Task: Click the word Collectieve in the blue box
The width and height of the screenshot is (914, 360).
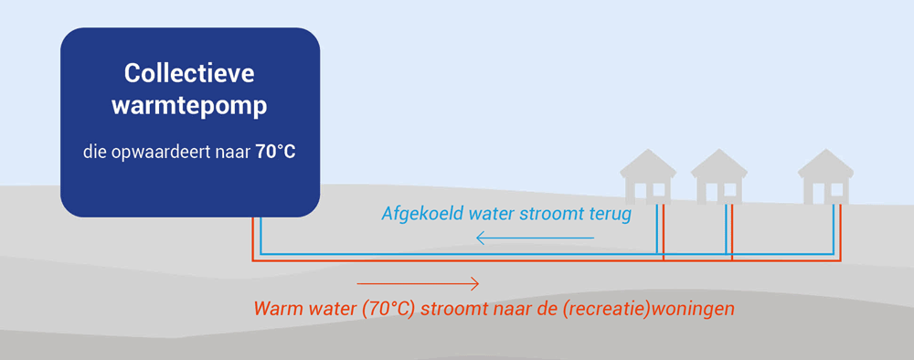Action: click(189, 74)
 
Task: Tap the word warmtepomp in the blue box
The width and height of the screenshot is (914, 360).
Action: click(189, 106)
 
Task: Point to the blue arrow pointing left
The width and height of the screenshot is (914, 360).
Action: click(535, 238)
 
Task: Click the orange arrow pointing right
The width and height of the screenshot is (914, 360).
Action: click(418, 283)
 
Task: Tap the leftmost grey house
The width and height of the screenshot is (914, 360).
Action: click(648, 176)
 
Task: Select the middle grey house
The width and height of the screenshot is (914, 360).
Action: click(718, 176)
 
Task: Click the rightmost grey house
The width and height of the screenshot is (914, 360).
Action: click(825, 176)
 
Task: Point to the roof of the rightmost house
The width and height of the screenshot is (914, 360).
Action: click(825, 164)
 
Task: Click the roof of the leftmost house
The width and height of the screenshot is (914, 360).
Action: click(648, 164)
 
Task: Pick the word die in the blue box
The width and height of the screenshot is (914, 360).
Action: click(92, 154)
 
